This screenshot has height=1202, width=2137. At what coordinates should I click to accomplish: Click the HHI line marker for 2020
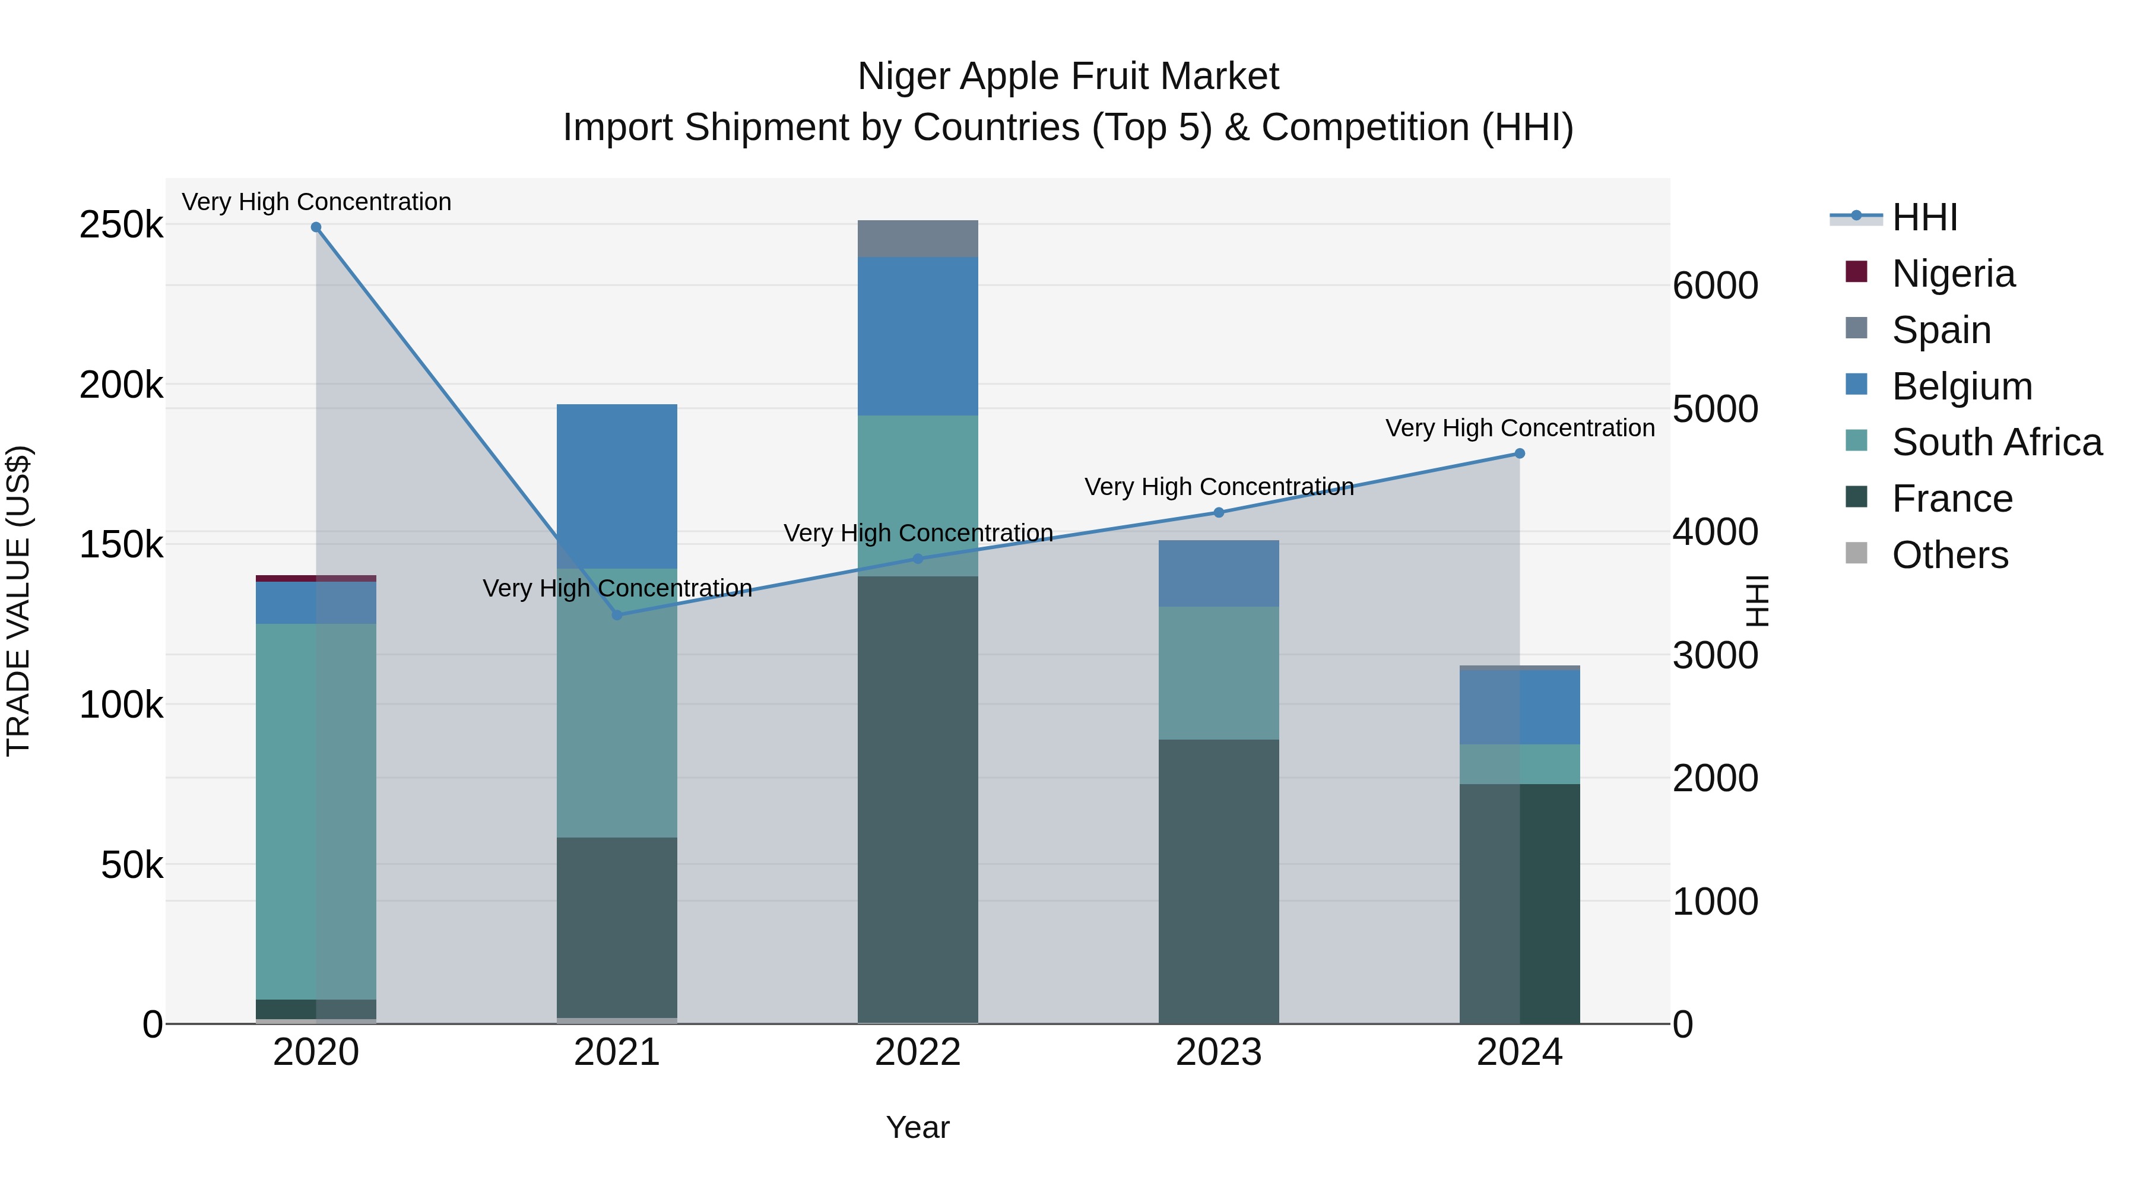point(316,227)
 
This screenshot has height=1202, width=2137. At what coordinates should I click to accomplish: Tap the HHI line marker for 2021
point(616,615)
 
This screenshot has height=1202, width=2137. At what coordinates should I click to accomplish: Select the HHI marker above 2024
point(1520,453)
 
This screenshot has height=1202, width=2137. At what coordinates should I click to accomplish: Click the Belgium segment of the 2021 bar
point(616,486)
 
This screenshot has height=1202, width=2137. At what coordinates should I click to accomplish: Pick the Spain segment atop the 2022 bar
point(918,239)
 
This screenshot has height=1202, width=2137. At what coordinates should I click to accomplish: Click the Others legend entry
point(1949,555)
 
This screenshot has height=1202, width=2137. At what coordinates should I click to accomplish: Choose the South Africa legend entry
point(1995,442)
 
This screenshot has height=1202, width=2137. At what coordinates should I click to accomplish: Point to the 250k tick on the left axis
point(121,225)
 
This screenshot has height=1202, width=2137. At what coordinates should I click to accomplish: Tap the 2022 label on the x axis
point(918,1052)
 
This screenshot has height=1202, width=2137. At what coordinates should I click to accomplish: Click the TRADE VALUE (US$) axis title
point(19,601)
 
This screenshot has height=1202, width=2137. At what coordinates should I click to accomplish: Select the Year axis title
point(918,1127)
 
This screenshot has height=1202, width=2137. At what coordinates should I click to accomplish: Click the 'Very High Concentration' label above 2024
point(1520,428)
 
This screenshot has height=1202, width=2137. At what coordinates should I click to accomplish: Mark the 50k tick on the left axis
point(131,865)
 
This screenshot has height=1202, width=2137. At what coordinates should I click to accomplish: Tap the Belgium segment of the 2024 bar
point(1520,707)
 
